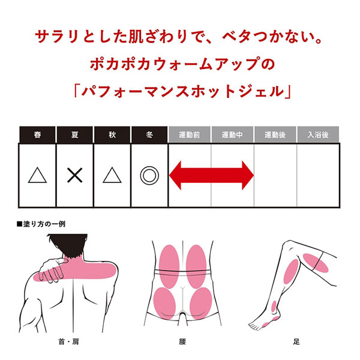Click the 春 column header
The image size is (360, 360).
click(x=37, y=134)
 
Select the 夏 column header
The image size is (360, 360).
click(x=75, y=134)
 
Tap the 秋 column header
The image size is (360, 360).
click(x=112, y=134)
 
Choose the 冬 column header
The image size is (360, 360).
click(x=149, y=134)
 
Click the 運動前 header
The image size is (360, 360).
click(x=190, y=134)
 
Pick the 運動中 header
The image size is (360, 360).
click(x=232, y=134)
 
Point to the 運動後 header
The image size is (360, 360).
click(x=275, y=134)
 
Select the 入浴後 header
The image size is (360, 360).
click(x=318, y=134)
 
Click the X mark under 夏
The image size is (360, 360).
click(x=75, y=175)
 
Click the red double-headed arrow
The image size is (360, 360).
click(x=211, y=175)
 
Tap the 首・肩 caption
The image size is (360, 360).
click(x=68, y=342)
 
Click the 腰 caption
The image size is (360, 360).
click(x=182, y=342)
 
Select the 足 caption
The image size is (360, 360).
click(x=296, y=342)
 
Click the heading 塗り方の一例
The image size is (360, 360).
click(x=41, y=224)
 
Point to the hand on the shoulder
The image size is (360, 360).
click(x=53, y=270)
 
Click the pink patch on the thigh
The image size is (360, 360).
click(x=316, y=263)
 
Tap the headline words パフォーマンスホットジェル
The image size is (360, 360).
click(x=183, y=91)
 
